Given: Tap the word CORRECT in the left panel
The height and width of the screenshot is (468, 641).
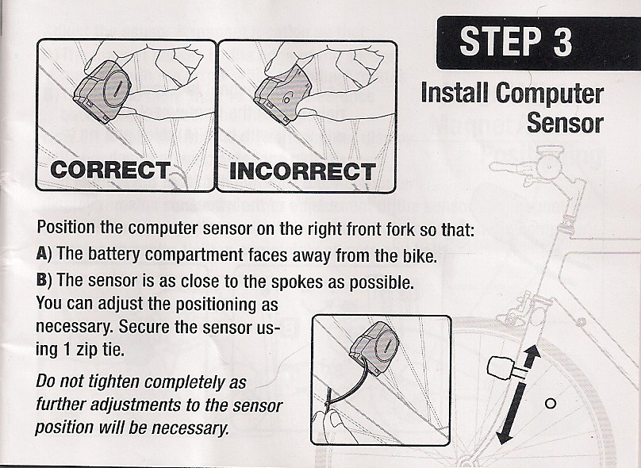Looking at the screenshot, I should click(109, 170).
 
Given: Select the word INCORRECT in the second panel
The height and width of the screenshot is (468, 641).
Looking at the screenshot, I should click(301, 171).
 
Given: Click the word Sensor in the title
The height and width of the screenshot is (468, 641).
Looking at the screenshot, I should click(564, 123).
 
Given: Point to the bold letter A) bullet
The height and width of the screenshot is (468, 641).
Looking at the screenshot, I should click(44, 256).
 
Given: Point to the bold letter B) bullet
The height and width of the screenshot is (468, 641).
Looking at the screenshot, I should click(44, 281).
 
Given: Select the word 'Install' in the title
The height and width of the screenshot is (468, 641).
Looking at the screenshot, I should click(454, 94).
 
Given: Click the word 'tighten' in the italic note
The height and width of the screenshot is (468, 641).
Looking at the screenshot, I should click(110, 382).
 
